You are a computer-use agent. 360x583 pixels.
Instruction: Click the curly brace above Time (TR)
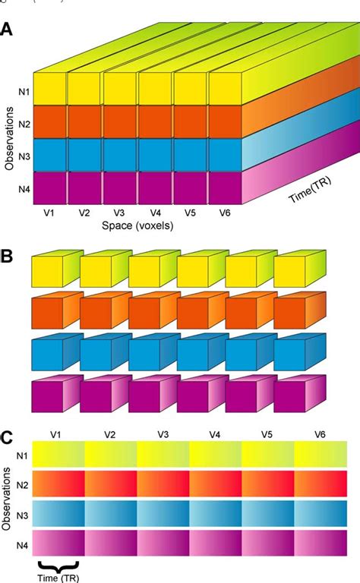(58, 563)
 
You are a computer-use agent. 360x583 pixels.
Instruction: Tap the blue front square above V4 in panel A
(155, 156)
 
